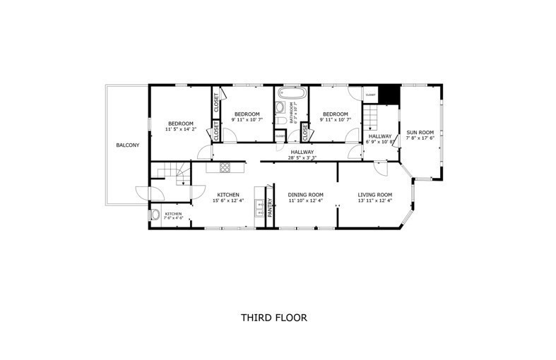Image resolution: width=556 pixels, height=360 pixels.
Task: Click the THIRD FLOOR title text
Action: tap(273, 318)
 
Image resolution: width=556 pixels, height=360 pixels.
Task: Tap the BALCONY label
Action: tap(128, 145)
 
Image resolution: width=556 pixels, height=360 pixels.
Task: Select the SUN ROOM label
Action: tap(420, 132)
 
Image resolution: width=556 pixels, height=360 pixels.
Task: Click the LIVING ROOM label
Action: tap(374, 195)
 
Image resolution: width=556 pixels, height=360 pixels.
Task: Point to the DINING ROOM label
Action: tap(305, 195)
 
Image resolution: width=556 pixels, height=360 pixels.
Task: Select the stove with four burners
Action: tap(225, 167)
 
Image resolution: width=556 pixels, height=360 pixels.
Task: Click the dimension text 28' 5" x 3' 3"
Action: tap(302, 158)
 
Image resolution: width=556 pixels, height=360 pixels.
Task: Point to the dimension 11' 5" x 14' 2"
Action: tap(181, 130)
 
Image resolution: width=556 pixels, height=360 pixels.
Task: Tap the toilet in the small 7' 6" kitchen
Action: tap(155, 216)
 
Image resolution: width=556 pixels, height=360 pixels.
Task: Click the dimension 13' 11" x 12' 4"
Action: tap(374, 201)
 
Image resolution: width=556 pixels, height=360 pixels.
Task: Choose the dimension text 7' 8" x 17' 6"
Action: tap(420, 138)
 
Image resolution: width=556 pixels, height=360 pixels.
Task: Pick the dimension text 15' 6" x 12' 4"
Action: tap(227, 201)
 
